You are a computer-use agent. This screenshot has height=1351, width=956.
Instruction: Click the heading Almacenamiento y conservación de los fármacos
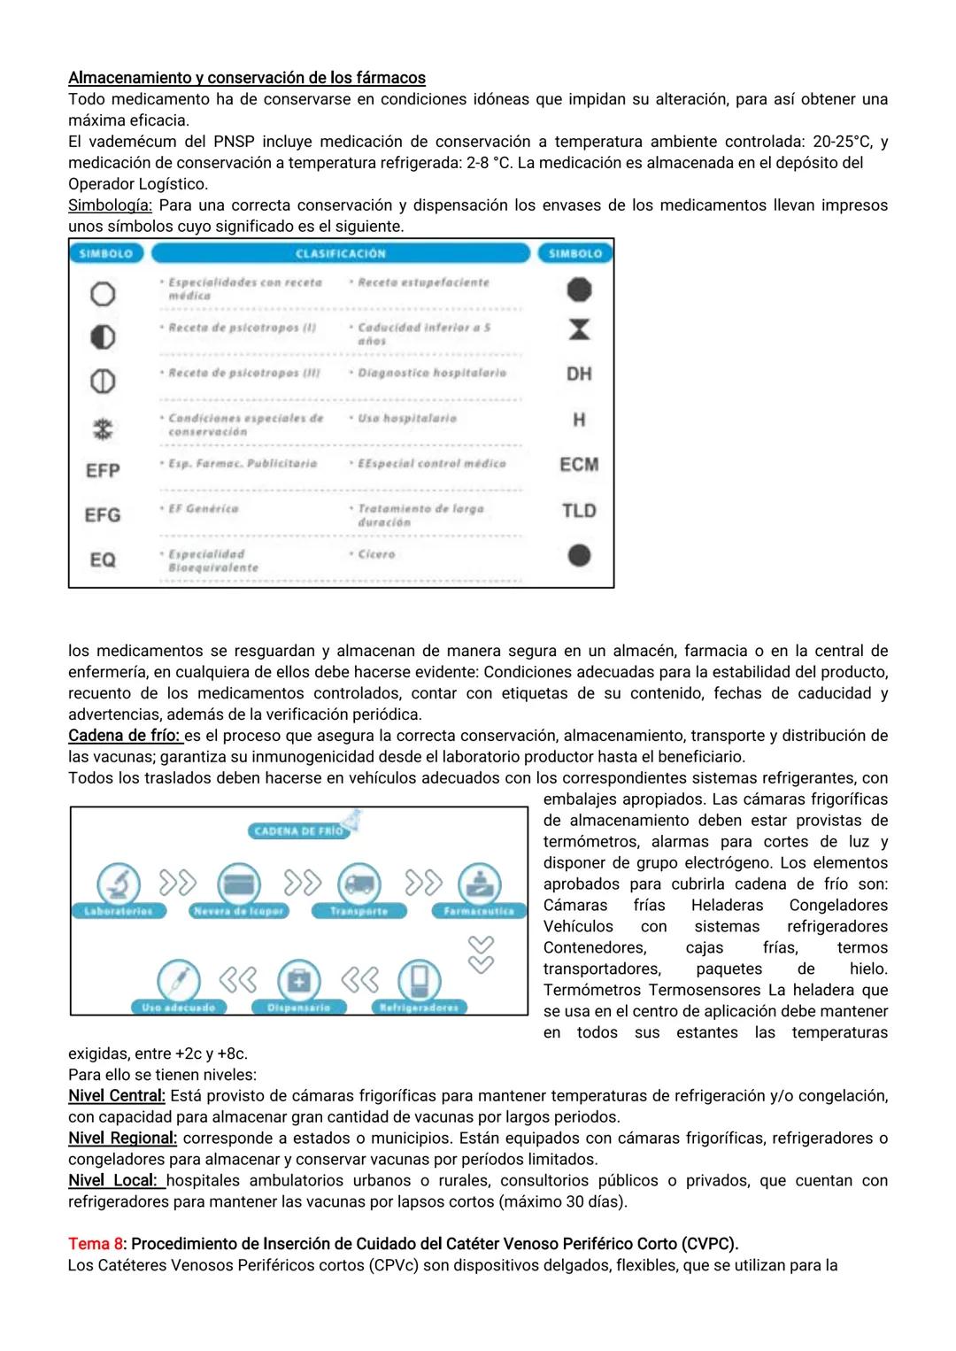click(x=247, y=78)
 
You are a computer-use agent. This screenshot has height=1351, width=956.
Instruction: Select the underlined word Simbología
click(x=110, y=205)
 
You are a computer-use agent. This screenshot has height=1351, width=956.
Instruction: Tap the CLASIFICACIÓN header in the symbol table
click(x=341, y=254)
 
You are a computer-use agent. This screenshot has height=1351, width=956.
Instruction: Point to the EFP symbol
click(x=103, y=471)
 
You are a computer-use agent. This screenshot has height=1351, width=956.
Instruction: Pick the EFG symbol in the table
click(x=103, y=515)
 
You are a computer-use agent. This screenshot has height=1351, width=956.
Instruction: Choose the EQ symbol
click(x=103, y=560)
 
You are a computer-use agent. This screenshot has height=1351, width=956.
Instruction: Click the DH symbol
click(x=579, y=374)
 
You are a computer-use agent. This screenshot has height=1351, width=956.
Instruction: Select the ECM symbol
click(x=579, y=465)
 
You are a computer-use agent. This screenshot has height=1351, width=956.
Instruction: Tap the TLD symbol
click(x=579, y=511)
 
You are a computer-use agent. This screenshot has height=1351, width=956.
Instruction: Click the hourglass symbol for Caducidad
click(x=579, y=330)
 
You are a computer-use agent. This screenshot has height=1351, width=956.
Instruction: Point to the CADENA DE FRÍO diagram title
click(x=298, y=831)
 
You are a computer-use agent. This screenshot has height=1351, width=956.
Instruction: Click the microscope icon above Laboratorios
click(x=118, y=884)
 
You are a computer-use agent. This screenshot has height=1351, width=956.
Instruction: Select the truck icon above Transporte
click(x=358, y=884)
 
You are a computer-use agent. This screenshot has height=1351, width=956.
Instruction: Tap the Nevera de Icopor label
click(x=238, y=911)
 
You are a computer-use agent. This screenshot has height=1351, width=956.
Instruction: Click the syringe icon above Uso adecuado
click(x=178, y=980)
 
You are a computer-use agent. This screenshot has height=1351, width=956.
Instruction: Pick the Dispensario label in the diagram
click(x=299, y=1007)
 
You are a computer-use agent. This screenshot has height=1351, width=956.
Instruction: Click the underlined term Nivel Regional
click(x=122, y=1139)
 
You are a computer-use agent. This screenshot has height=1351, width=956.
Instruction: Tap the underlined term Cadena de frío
click(x=124, y=736)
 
